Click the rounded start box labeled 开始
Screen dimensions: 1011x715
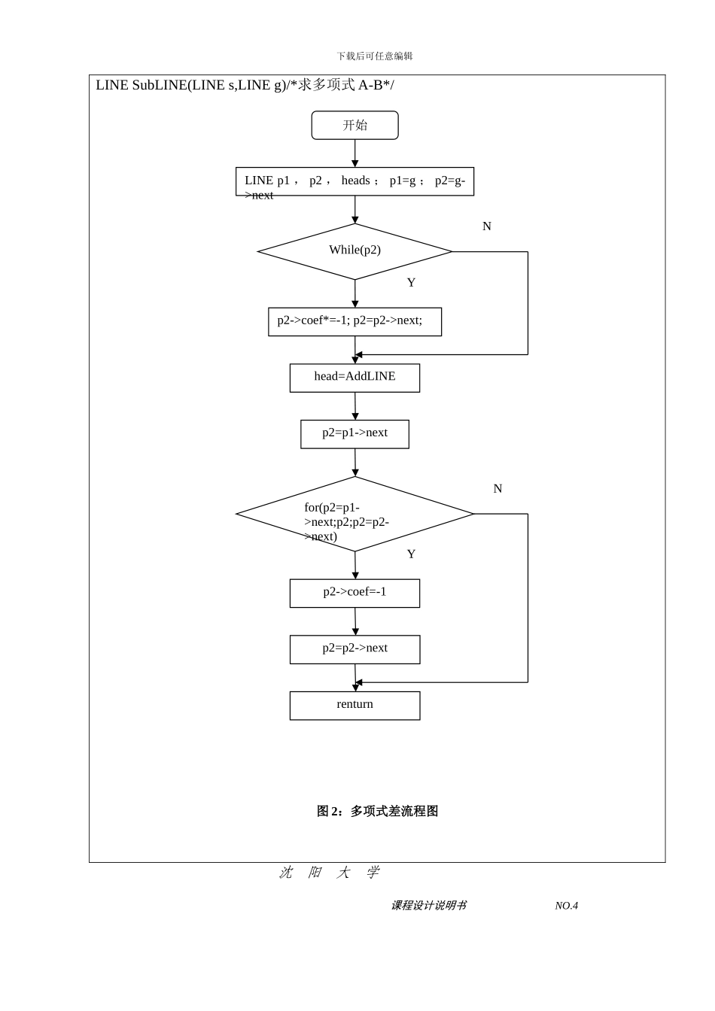coord(354,126)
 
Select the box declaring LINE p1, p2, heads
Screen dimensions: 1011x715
coord(354,181)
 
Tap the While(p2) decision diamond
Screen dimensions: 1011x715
coord(354,251)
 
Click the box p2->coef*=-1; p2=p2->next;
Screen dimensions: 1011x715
coord(354,321)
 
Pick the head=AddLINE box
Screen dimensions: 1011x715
coord(354,378)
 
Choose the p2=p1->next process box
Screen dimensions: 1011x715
coord(354,434)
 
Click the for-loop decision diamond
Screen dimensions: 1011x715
coord(354,515)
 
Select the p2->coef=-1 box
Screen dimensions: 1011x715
coord(354,593)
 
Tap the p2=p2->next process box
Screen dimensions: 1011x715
coord(354,649)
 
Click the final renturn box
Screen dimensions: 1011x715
coord(354,706)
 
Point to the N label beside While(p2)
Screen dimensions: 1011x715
coord(487,226)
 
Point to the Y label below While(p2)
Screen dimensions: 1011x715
coord(411,283)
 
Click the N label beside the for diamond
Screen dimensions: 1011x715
coord(497,489)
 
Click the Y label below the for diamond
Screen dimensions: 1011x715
coord(411,554)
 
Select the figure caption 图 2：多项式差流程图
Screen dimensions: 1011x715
coord(377,811)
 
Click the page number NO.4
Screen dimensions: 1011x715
coord(566,906)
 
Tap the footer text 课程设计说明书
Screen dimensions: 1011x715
coord(428,906)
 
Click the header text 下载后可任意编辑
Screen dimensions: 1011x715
coord(375,56)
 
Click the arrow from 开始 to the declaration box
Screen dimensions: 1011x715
coord(355,153)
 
